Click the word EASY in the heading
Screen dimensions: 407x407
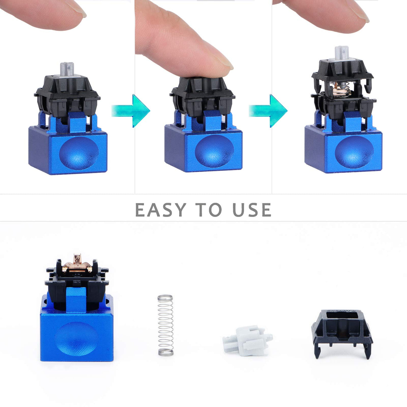(161, 210)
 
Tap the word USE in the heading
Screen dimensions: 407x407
(252, 210)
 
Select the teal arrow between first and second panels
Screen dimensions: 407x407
(131, 111)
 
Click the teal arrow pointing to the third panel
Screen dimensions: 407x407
(268, 111)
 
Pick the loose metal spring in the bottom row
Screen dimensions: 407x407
(166, 326)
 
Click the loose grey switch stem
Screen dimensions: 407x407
(247, 340)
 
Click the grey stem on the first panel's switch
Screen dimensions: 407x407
(67, 69)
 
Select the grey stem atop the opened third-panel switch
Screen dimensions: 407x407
(342, 53)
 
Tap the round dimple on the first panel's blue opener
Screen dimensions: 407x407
(79, 153)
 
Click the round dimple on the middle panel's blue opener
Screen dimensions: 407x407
(214, 151)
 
